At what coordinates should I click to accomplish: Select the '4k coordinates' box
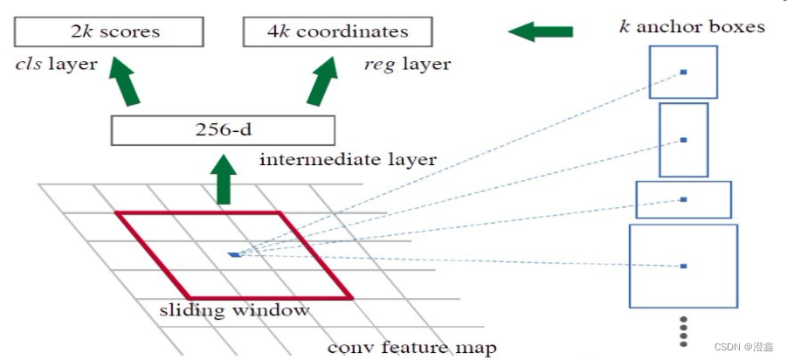pyautogui.click(x=337, y=32)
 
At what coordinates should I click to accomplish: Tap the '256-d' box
pyautogui.click(x=223, y=130)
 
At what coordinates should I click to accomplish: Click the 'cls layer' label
pyautogui.click(x=53, y=63)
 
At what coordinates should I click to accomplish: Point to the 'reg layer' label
pyautogui.click(x=406, y=63)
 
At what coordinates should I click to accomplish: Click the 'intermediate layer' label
pyautogui.click(x=348, y=160)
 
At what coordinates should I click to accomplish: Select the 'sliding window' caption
pyautogui.click(x=234, y=309)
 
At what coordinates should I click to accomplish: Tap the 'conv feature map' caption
pyautogui.click(x=411, y=347)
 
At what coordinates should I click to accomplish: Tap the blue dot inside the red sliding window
pyautogui.click(x=233, y=254)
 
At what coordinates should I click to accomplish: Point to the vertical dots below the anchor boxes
pyautogui.click(x=684, y=333)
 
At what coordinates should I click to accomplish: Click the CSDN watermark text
pyautogui.click(x=743, y=347)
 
